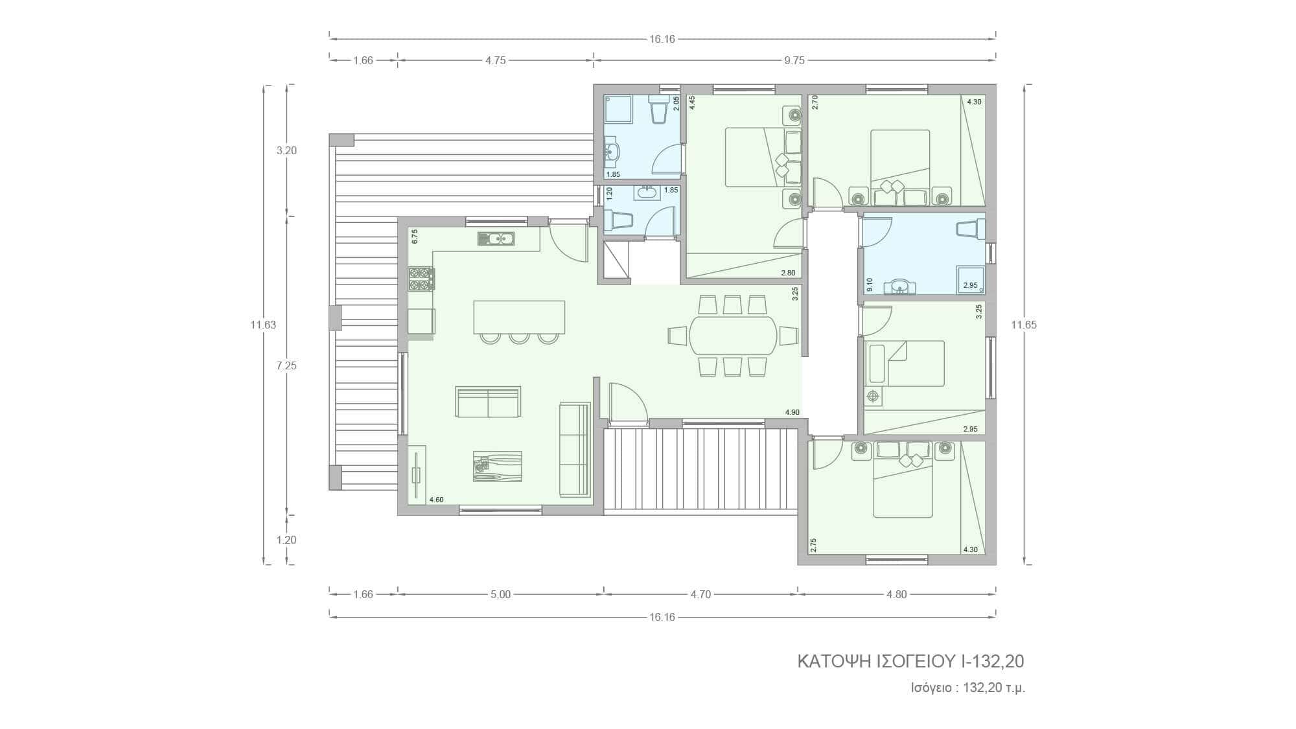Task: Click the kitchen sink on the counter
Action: tap(496, 239)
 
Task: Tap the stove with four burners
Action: tap(421, 279)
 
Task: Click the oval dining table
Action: tap(733, 335)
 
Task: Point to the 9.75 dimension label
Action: tap(794, 60)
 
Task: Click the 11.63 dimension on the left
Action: tap(263, 325)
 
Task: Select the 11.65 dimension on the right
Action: tap(1024, 325)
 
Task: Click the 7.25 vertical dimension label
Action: tap(286, 365)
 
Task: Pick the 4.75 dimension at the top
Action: tap(496, 60)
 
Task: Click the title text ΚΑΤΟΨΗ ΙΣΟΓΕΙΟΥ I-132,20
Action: tap(910, 661)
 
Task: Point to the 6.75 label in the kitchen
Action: tap(415, 237)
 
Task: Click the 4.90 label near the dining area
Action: tap(792, 412)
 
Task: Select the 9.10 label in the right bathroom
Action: tap(870, 285)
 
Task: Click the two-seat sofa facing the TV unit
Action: tap(488, 402)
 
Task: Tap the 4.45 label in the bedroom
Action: tap(692, 103)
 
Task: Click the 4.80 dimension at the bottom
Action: tap(897, 594)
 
